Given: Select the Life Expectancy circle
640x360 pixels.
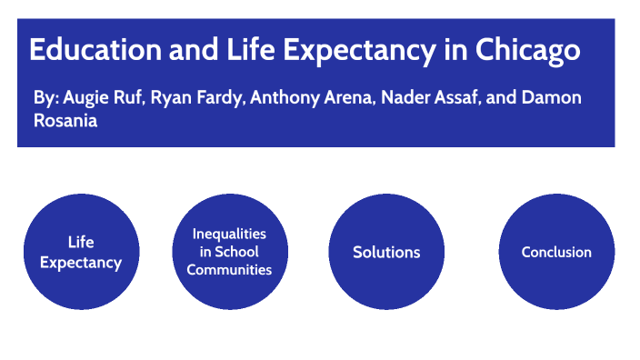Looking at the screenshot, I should [81, 252].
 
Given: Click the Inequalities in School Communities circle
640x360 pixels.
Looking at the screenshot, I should [229, 252].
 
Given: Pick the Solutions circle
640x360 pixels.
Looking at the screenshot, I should [386, 252].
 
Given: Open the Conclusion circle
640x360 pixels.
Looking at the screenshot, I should [556, 252].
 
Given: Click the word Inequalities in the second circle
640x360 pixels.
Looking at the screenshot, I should [229, 234].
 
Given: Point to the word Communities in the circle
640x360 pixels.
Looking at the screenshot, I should [229, 269].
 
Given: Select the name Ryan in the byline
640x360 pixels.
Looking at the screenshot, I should [169, 96].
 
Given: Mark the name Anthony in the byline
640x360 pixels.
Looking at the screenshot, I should [283, 96].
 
